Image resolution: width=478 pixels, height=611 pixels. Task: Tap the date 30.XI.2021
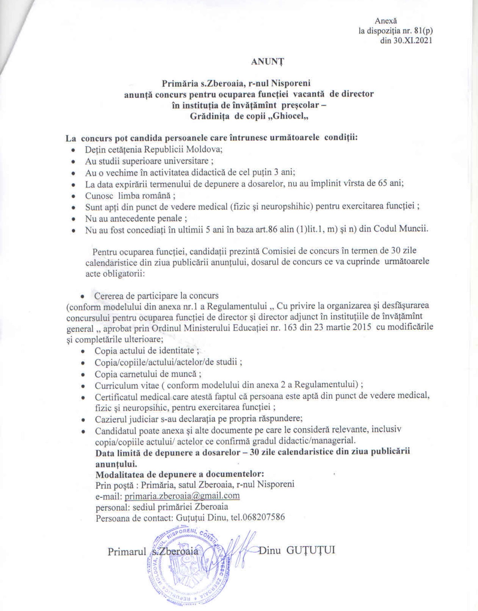[x=406, y=41]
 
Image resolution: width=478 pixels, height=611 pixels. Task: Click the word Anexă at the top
[x=386, y=21]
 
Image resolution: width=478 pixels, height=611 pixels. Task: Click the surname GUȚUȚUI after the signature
[x=311, y=550]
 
